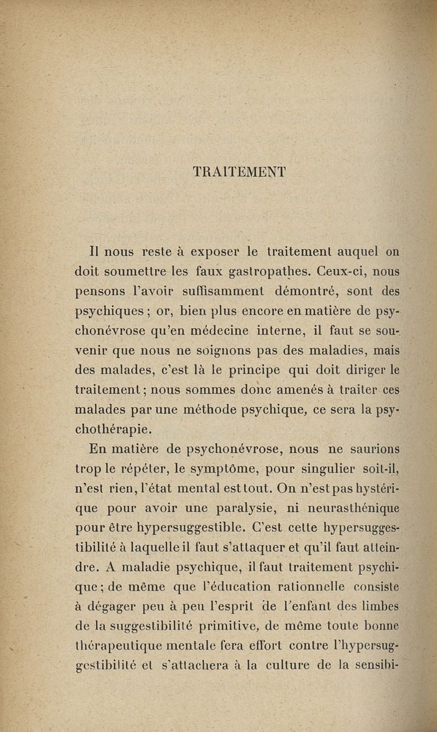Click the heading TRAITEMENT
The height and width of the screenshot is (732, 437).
tap(239, 172)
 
